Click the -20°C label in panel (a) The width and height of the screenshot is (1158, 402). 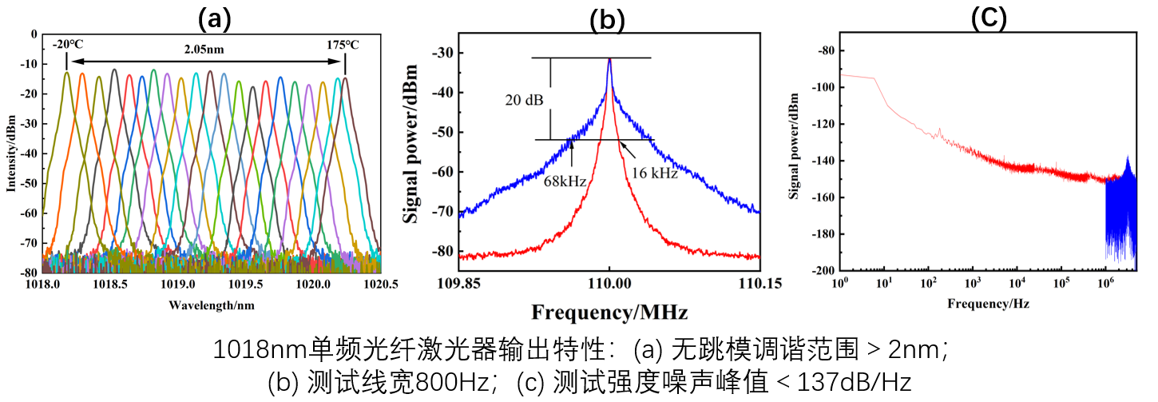tap(68, 45)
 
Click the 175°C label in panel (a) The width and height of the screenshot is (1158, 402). tap(342, 45)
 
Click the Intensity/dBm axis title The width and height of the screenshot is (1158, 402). tap(10, 152)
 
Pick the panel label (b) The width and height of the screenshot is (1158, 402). tap(607, 20)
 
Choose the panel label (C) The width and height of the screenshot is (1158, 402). tap(989, 17)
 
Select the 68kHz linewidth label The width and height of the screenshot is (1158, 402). tap(565, 181)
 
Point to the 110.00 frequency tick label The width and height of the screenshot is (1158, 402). tap(610, 283)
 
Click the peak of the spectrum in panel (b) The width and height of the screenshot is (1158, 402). tap(609, 60)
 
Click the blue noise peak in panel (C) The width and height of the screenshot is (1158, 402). tap(1127, 158)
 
